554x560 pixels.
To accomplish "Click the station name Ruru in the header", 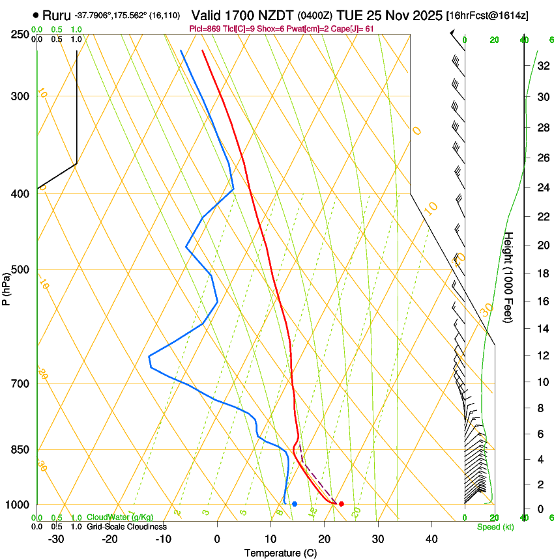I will point(57,14).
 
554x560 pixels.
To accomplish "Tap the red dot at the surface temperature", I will point(341,504).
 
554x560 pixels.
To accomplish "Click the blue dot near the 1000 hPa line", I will point(295,504).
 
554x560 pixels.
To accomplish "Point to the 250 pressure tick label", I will point(20,35).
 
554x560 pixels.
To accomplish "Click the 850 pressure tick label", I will point(20,450).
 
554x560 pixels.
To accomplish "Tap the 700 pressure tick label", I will point(20,384).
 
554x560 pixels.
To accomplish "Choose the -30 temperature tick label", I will point(56,539).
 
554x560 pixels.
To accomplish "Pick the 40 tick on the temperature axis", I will point(431,539).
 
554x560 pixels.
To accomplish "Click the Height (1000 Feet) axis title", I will point(509,277).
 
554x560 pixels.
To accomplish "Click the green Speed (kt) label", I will point(495,527).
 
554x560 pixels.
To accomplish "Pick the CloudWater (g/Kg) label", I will point(120,517).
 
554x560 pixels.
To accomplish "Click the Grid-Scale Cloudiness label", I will point(126,526).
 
